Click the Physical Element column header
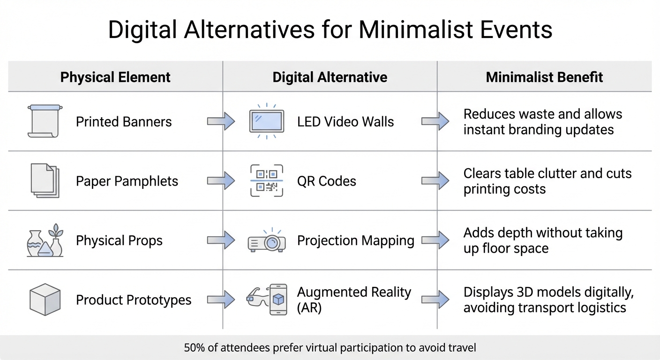pos(115,77)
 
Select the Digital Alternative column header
pos(330,77)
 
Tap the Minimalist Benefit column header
pos(544,77)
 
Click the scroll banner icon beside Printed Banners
pos(44,121)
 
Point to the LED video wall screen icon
pos(266,121)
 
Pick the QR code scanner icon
pos(266,181)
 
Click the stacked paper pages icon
pos(45,181)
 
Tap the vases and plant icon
pos(45,240)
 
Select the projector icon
pos(266,241)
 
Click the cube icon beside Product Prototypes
pos(45,300)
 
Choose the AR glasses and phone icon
pos(266,300)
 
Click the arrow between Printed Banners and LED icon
pos(221,121)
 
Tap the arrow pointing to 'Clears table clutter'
pos(435,181)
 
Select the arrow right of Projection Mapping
pos(435,240)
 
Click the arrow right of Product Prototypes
pos(221,300)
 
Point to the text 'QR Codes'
pos(327,181)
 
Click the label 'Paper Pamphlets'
pos(127,181)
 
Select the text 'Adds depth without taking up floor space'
pos(543,240)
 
